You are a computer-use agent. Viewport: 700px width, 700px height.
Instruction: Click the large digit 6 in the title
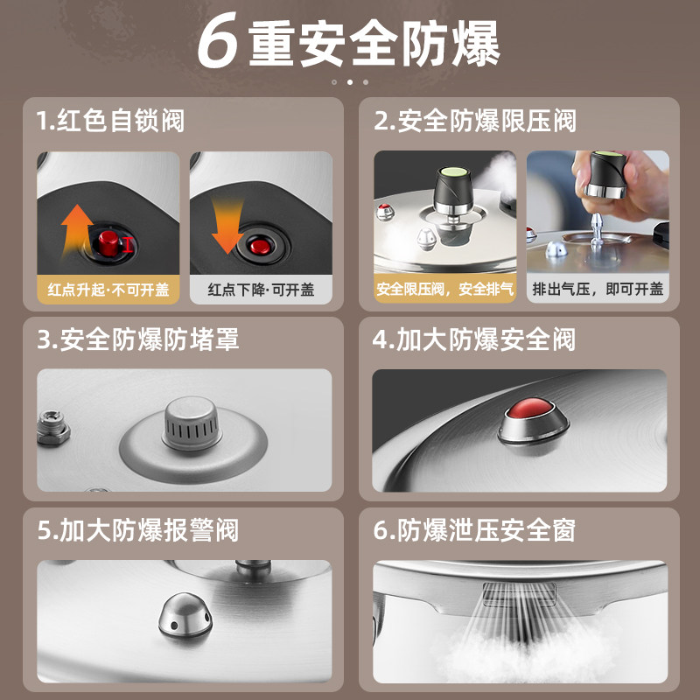coord(217,41)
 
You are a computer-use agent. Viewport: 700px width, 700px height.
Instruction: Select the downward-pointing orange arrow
coord(227,227)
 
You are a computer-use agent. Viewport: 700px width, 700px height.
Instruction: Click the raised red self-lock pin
coord(108,243)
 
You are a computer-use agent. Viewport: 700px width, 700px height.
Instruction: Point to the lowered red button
coord(260,247)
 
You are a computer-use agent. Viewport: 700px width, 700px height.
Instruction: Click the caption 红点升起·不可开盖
coord(108,290)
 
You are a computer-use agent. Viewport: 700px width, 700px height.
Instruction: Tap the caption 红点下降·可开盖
coord(261,290)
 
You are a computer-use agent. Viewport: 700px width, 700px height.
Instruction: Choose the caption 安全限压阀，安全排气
coord(444,290)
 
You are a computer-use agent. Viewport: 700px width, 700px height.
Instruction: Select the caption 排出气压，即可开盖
coord(598,290)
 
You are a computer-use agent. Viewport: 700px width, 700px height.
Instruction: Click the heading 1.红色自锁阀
coord(110,121)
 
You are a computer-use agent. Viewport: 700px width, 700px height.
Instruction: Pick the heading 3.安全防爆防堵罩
coord(138,339)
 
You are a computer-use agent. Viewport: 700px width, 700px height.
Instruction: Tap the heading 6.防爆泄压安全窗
coord(474,530)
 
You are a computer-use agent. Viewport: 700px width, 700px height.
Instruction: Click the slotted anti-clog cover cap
coord(192,423)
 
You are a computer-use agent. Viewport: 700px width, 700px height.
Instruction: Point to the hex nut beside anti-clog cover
coord(52,428)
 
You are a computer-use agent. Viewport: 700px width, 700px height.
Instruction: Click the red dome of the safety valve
coord(530,408)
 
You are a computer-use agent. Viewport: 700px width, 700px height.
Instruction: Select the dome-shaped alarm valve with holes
coord(185,615)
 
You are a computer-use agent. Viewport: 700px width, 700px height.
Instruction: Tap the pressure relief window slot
coord(519,595)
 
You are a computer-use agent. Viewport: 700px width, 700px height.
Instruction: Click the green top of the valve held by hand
coord(608,154)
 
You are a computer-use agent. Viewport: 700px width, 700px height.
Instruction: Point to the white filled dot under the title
coord(350,82)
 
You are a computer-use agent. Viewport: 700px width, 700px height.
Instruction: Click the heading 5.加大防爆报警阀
coord(138,530)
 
